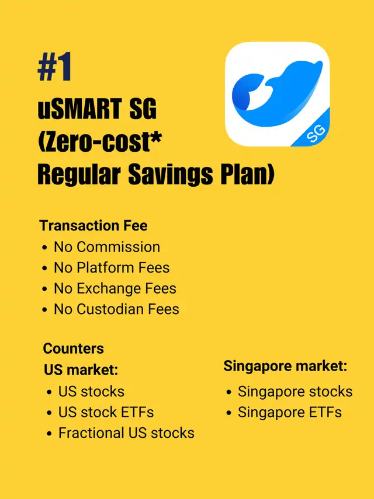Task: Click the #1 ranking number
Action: (54, 67)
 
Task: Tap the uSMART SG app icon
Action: (277, 94)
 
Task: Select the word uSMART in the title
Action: (79, 109)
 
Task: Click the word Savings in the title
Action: (171, 175)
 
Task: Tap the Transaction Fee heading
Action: (93, 226)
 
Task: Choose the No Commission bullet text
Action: (107, 247)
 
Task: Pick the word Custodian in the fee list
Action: (110, 309)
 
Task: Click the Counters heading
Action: (73, 348)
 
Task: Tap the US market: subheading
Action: (81, 370)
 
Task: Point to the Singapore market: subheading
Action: (285, 366)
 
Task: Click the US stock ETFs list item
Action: (106, 412)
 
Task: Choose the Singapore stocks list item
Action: (295, 392)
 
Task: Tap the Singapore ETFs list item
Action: (290, 412)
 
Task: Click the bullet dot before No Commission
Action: (44, 247)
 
